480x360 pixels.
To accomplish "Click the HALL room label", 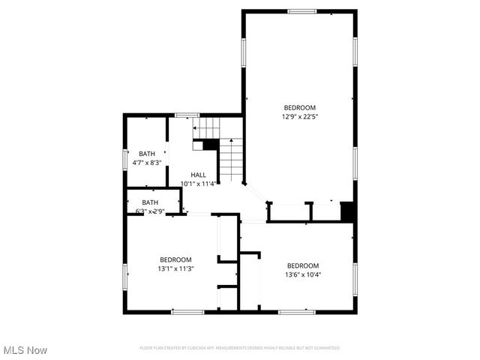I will pos(198,175).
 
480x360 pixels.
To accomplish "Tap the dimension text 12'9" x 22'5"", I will pos(299,116).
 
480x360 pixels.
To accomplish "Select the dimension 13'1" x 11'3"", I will pos(175,268).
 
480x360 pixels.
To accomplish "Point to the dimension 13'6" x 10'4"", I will pos(303,274).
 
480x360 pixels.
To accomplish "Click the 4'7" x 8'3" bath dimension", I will pos(147,162).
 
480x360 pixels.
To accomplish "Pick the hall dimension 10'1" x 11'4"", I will pos(199,183).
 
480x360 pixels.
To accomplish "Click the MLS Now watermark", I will pos(25,350).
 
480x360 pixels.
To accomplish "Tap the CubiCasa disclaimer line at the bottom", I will pos(240,348).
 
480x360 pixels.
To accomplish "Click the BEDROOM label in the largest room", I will pos(299,107).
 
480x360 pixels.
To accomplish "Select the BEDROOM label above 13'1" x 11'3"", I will pos(175,259).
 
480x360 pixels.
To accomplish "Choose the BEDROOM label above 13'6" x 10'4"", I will pos(303,265).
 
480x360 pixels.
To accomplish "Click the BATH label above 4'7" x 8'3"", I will pos(147,154).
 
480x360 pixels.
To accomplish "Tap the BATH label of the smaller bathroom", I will pos(151,202).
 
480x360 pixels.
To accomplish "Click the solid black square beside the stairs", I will pos(210,145).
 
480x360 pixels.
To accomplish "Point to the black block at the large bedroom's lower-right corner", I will pos(347,211).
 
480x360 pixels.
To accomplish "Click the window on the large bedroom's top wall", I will pos(301,11).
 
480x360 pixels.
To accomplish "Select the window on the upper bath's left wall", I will pos(125,160).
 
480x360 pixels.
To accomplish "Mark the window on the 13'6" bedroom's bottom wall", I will pos(297,311).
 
